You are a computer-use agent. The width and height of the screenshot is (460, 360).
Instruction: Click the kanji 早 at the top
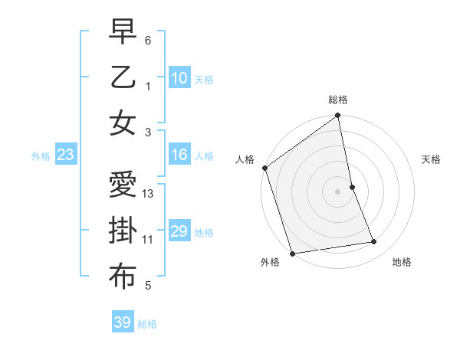click(123, 32)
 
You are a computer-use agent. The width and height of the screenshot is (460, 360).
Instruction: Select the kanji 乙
click(123, 78)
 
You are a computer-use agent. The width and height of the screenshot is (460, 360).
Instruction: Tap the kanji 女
click(123, 123)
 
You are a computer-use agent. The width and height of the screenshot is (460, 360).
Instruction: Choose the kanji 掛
click(123, 231)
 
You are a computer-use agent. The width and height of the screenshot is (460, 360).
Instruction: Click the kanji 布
click(123, 277)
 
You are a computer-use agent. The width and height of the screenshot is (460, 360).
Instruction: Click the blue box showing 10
click(179, 78)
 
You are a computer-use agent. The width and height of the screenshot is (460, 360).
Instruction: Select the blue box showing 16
click(179, 155)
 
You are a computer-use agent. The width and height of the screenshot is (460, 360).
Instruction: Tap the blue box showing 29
click(179, 231)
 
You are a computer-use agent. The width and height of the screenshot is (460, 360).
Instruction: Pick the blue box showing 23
click(66, 155)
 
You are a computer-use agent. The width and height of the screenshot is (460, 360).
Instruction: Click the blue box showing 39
click(122, 322)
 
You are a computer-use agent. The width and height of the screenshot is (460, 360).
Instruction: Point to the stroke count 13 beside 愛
click(148, 194)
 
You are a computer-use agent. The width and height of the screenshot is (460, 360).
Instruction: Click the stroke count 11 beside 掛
click(148, 240)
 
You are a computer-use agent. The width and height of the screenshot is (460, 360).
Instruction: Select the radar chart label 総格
click(337, 100)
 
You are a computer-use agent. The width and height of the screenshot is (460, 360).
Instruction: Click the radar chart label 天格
click(431, 159)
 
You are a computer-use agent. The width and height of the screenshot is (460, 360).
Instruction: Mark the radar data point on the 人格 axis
click(264, 168)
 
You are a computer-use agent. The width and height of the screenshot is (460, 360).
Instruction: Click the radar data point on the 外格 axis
click(292, 253)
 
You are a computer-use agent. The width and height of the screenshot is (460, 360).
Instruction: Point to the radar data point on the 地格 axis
click(374, 242)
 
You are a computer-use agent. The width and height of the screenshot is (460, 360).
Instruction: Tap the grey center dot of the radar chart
click(337, 191)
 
